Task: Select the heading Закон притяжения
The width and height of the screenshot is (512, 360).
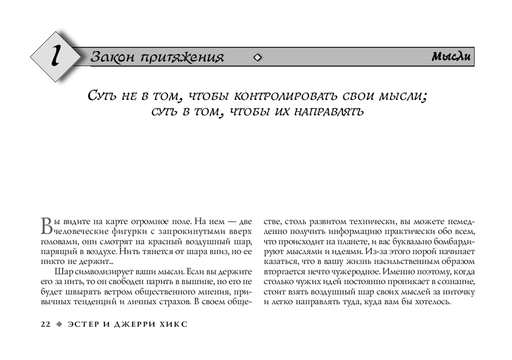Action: click(157, 57)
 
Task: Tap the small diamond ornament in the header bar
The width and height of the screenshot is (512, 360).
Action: click(258, 57)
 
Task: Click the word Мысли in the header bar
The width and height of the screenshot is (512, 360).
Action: click(451, 57)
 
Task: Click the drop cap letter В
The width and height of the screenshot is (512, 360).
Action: click(46, 225)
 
